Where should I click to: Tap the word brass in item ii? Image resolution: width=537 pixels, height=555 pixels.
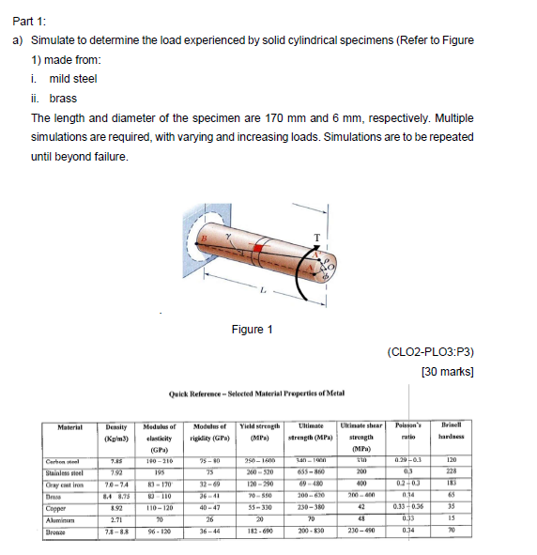click(63, 98)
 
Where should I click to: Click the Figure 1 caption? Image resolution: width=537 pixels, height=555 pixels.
click(252, 330)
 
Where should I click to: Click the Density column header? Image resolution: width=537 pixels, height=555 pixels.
click(115, 433)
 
